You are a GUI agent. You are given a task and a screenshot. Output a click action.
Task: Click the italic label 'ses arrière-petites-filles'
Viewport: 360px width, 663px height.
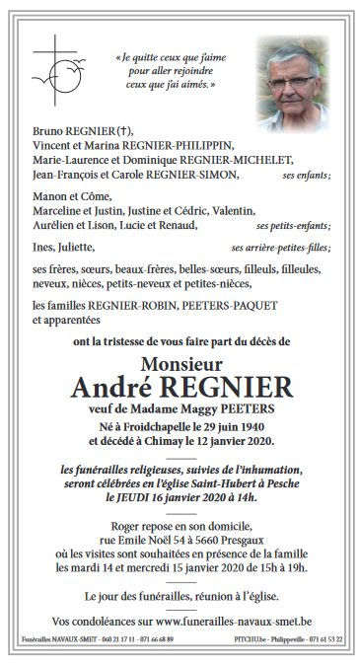click(x=294, y=248)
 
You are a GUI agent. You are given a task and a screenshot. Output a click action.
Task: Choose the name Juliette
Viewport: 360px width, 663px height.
click(x=78, y=247)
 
